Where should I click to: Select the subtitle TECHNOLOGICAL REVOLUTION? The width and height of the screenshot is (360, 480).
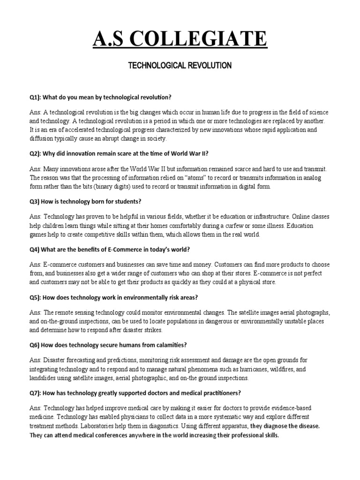[180, 66]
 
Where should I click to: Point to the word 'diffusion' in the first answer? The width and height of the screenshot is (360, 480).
[43, 139]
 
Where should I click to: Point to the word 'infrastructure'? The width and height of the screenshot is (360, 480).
[269, 217]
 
